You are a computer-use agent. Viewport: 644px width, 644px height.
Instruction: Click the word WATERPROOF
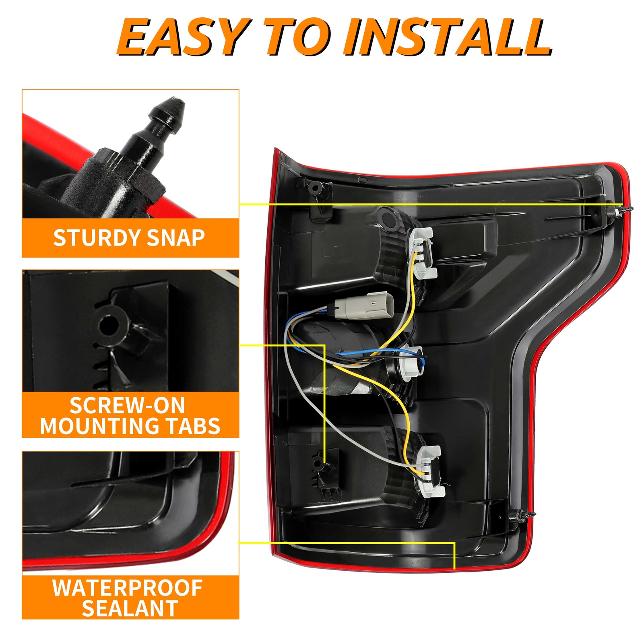coord(128,588)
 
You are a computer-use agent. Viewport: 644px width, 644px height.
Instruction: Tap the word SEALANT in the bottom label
coord(130,608)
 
